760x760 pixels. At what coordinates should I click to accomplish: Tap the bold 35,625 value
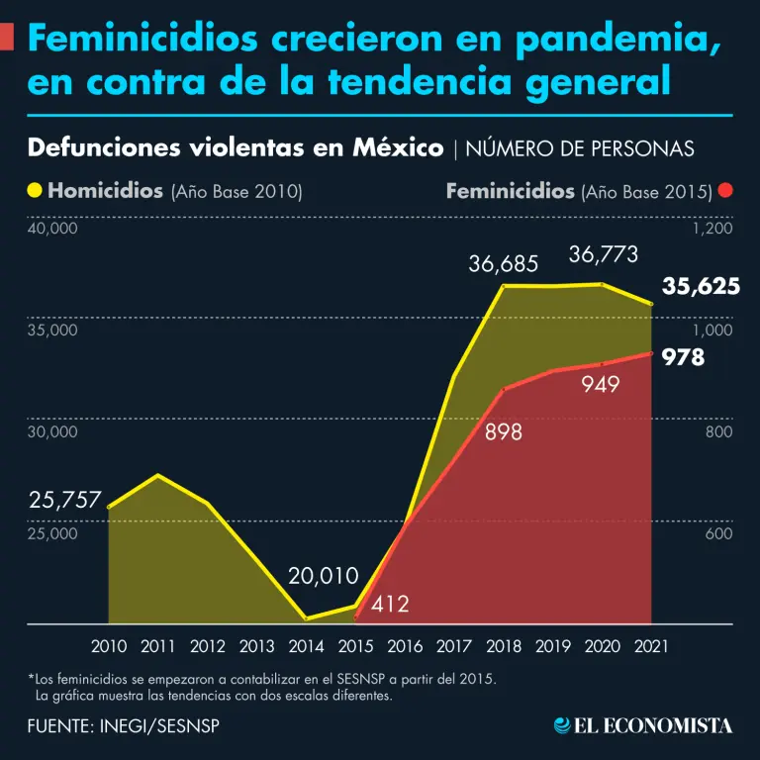pyautogui.click(x=701, y=287)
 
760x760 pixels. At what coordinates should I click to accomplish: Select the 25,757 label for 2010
pyautogui.click(x=65, y=501)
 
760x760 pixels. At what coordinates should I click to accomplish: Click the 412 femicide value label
pyautogui.click(x=390, y=604)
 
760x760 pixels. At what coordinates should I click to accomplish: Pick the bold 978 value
pyautogui.click(x=683, y=357)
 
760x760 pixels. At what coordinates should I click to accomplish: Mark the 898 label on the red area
pyautogui.click(x=504, y=432)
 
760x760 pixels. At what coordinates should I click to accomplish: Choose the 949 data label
pyautogui.click(x=601, y=385)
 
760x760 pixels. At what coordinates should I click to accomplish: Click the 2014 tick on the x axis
pyautogui.click(x=307, y=646)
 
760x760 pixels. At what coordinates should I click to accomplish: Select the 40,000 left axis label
pyautogui.click(x=51, y=229)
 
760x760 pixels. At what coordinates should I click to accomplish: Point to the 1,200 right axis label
pyautogui.click(x=712, y=229)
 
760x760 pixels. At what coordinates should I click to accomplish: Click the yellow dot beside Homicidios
pyautogui.click(x=36, y=190)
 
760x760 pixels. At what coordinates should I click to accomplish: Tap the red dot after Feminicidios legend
pyautogui.click(x=726, y=190)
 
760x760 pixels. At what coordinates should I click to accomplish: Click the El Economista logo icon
pyautogui.click(x=562, y=725)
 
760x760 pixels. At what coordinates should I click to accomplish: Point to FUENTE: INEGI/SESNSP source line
pyautogui.click(x=124, y=725)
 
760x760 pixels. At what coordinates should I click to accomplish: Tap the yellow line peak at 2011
pyautogui.click(x=157, y=475)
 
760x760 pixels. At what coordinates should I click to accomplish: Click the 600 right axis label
pyautogui.click(x=718, y=534)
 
